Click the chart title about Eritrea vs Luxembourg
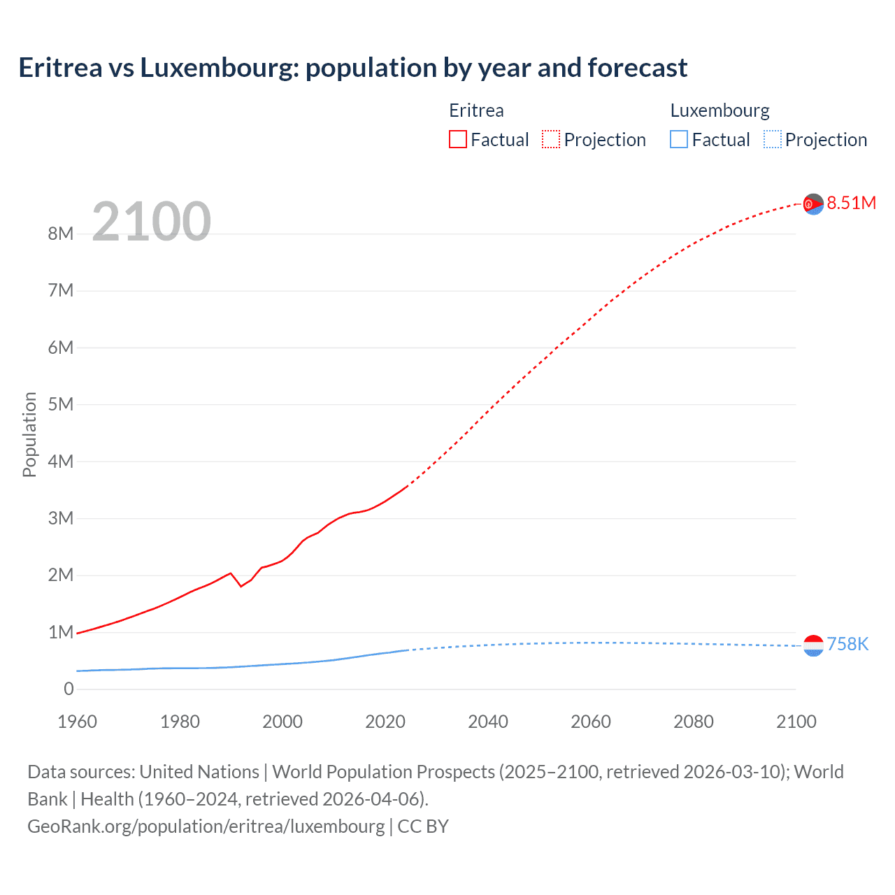pyautogui.click(x=353, y=68)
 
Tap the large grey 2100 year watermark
pyautogui.click(x=151, y=222)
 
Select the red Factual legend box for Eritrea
pyautogui.click(x=457, y=139)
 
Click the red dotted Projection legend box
pyautogui.click(x=551, y=139)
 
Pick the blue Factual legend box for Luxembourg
pyautogui.click(x=678, y=139)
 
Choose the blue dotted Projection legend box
pyautogui.click(x=773, y=139)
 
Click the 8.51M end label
pyautogui.click(x=851, y=203)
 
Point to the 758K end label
pyautogui.click(x=847, y=644)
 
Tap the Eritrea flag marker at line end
pyautogui.click(x=813, y=204)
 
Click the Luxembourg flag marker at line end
pyautogui.click(x=813, y=645)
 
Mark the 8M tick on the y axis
pyautogui.click(x=61, y=234)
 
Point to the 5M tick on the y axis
pyautogui.click(x=61, y=404)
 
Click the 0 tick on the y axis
pyautogui.click(x=69, y=689)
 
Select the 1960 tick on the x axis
pyautogui.click(x=77, y=722)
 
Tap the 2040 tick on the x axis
pyautogui.click(x=488, y=722)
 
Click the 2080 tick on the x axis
pyautogui.click(x=694, y=722)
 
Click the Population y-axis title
pyautogui.click(x=29, y=434)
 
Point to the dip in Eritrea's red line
pyautogui.click(x=241, y=585)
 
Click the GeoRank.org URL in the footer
pyautogui.click(x=206, y=826)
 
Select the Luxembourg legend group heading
pyautogui.click(x=719, y=110)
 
